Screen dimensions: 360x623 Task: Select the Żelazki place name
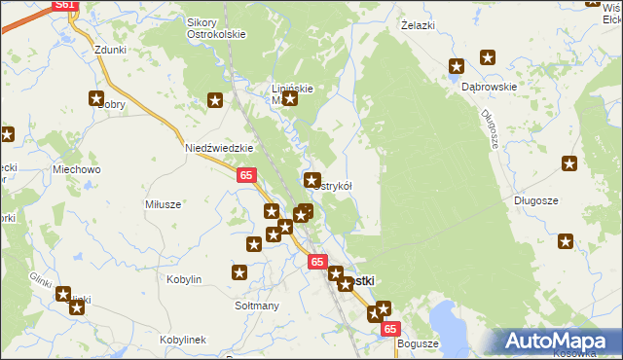click(x=417, y=27)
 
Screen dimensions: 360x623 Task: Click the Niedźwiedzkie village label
click(x=219, y=148)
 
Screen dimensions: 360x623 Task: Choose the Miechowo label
click(x=77, y=169)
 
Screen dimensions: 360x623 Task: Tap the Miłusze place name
click(x=163, y=204)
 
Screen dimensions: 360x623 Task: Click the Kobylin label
click(x=184, y=279)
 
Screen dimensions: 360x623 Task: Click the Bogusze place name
click(x=420, y=343)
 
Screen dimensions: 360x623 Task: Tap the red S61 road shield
click(x=64, y=5)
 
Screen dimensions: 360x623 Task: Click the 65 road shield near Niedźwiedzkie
click(x=246, y=175)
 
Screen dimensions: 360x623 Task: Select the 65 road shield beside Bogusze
click(x=390, y=330)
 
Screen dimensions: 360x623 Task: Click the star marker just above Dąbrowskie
click(x=457, y=67)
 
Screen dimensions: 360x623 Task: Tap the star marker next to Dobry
click(x=96, y=98)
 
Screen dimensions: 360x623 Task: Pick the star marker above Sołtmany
click(x=239, y=273)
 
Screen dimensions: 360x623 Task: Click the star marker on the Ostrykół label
click(x=312, y=180)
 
